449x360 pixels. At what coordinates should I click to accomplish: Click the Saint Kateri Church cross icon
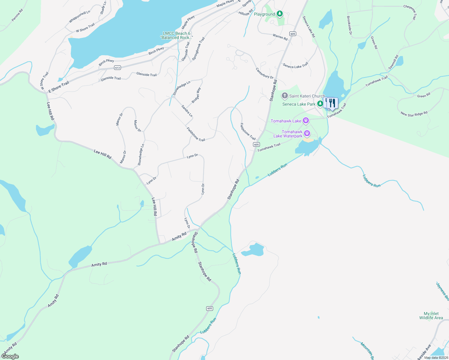[285, 96]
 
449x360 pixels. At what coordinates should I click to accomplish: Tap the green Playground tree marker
[280, 14]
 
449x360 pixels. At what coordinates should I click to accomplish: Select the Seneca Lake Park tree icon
[320, 104]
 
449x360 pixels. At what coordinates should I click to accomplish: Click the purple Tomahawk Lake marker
[306, 121]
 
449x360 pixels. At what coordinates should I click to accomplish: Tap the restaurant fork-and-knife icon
[332, 103]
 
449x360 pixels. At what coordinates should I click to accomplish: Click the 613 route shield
[117, 68]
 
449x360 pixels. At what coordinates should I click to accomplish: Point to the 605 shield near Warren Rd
[293, 34]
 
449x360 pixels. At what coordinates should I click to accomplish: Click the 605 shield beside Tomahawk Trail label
[256, 145]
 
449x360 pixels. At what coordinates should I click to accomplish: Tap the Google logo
[10, 356]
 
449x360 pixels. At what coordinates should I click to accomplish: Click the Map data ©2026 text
[435, 358]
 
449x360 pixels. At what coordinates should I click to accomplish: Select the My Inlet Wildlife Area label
[431, 316]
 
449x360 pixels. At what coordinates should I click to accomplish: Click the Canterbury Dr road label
[264, 73]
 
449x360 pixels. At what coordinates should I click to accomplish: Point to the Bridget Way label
[196, 95]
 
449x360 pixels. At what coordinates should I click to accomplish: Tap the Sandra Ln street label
[187, 111]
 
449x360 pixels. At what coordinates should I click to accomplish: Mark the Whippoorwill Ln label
[80, 17]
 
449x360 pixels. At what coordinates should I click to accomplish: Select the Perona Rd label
[17, 15]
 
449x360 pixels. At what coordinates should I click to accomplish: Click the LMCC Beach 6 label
[176, 35]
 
